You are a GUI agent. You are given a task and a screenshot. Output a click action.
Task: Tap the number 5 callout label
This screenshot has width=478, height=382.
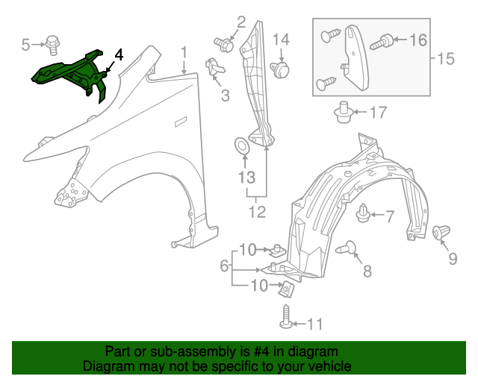26,46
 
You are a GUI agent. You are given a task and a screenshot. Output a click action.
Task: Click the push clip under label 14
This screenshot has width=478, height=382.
280,70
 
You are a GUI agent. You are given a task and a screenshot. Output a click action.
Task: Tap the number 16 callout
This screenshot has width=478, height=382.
418,40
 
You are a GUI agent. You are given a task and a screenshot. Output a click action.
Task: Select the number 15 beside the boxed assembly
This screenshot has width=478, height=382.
445,58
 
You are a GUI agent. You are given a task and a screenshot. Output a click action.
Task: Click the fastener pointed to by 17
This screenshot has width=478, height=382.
344,113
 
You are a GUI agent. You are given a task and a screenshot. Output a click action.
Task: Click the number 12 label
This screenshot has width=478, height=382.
257,211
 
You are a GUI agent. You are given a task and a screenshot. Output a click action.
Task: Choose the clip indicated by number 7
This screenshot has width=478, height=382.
365,214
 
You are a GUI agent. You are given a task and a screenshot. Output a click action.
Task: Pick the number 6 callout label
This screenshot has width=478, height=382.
223,266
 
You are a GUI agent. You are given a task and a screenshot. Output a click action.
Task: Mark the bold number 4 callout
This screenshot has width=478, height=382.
119,55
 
